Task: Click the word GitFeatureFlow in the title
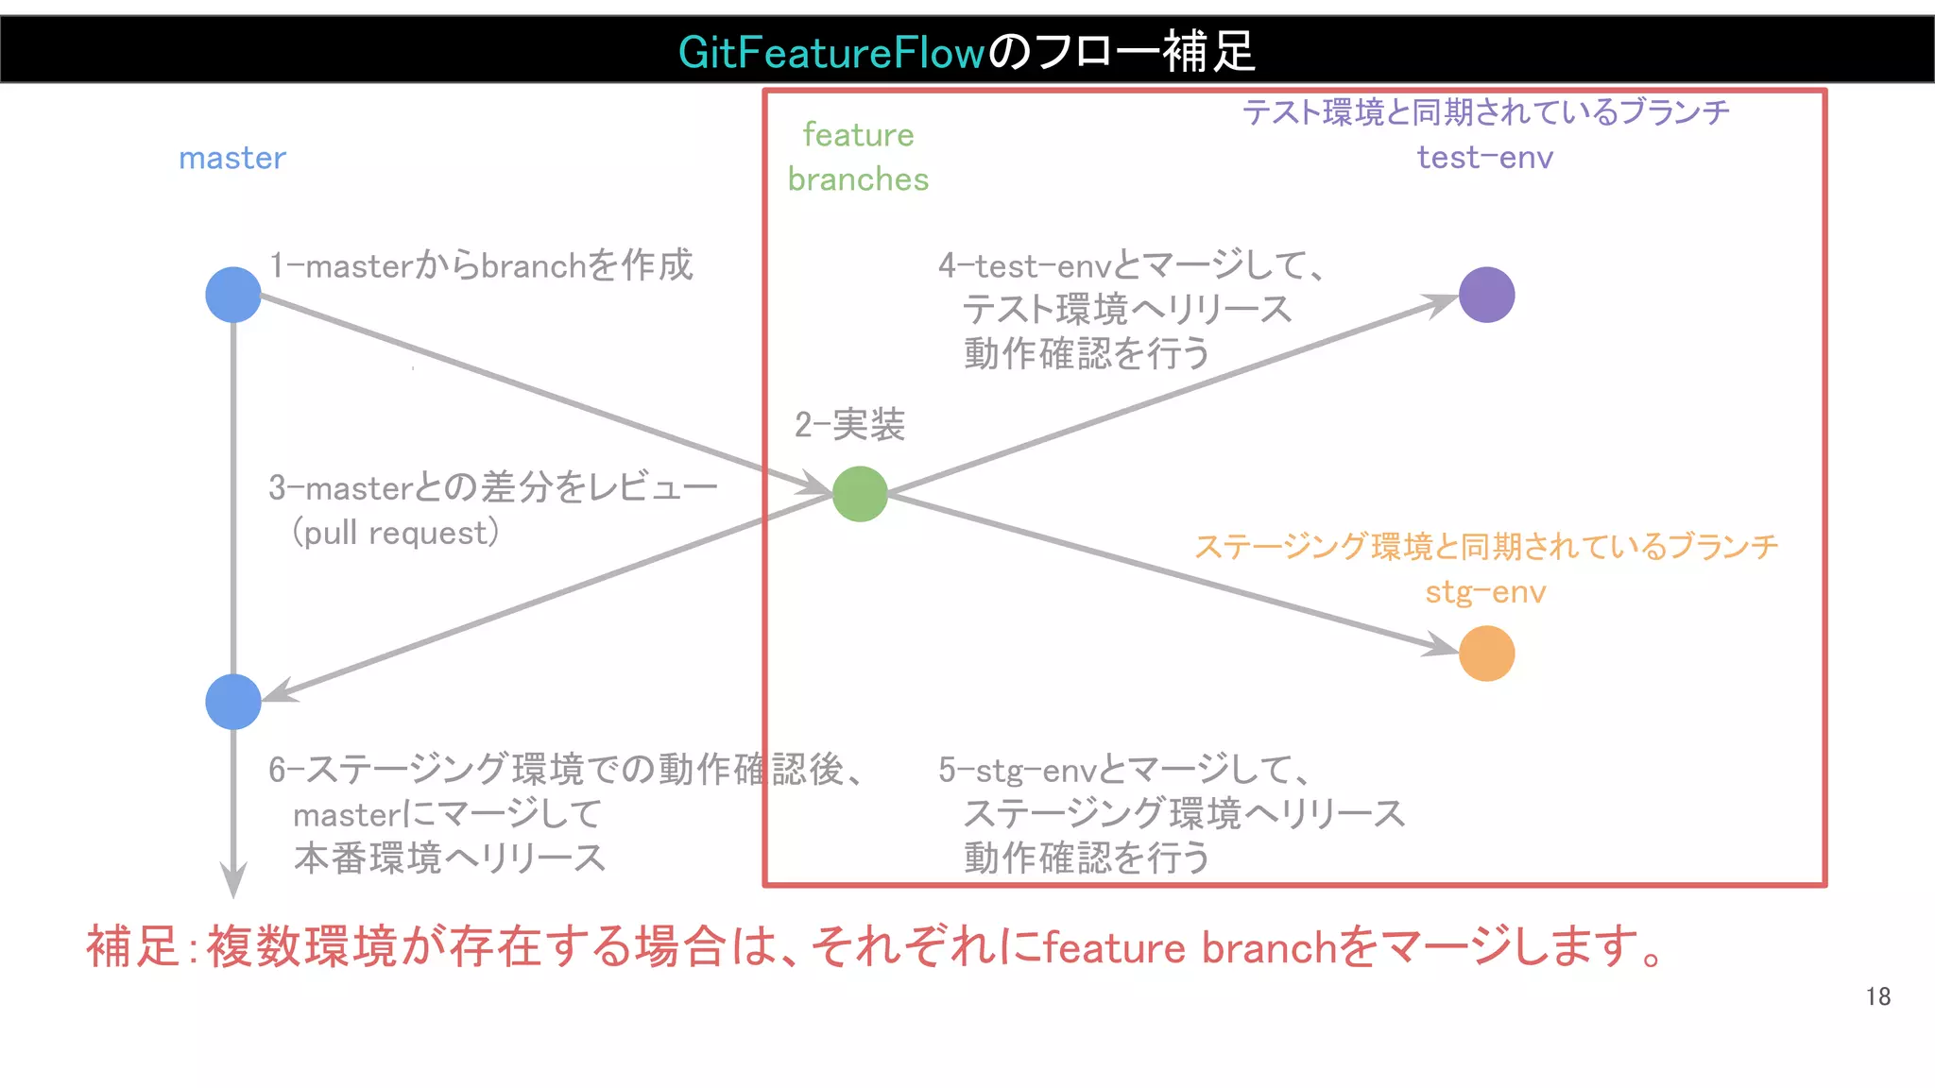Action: [x=831, y=52]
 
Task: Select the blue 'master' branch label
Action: [x=232, y=158]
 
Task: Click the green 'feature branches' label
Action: [x=858, y=157]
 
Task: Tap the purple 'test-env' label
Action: [x=1484, y=157]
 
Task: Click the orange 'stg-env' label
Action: [x=1485, y=592]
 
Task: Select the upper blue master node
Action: [x=233, y=295]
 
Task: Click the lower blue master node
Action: [x=233, y=702]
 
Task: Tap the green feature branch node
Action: [x=860, y=494]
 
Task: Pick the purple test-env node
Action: [x=1486, y=295]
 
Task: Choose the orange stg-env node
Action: [x=1486, y=654]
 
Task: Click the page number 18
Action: [x=1877, y=996]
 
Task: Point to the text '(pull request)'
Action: [x=396, y=533]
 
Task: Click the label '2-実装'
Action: [x=849, y=425]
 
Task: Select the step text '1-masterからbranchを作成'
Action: [x=481, y=265]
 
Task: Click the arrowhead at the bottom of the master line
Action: [x=233, y=880]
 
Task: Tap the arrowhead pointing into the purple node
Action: [x=1441, y=304]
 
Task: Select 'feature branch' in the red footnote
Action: [x=1190, y=947]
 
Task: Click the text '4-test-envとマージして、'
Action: [x=1130, y=265]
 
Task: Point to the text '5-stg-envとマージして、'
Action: [x=1124, y=770]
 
